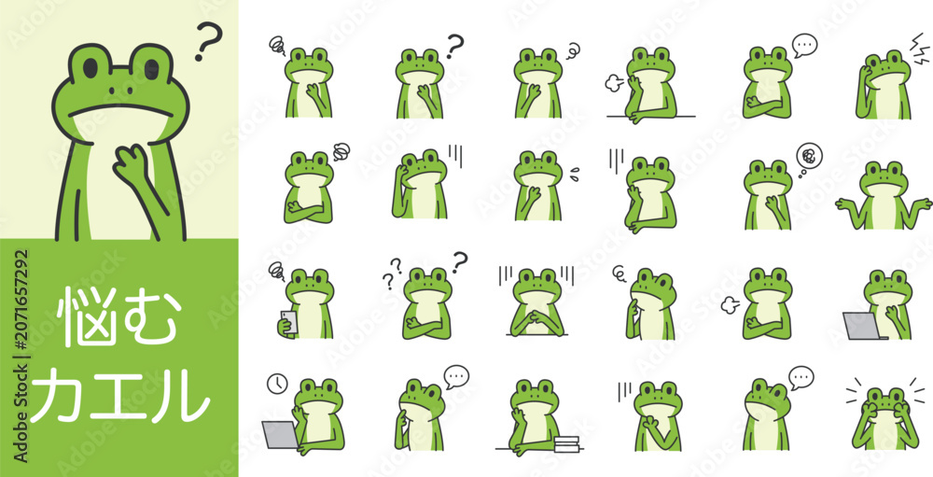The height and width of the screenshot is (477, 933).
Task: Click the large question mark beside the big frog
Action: tap(208, 40)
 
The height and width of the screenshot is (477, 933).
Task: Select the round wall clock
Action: tap(277, 384)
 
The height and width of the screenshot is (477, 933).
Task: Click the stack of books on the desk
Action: tap(566, 443)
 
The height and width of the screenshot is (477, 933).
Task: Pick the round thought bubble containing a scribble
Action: tap(809, 156)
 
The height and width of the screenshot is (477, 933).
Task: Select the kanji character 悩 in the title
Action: tap(86, 316)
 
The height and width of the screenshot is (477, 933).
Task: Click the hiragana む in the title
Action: tap(148, 316)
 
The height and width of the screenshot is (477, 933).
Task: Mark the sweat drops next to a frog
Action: tap(574, 173)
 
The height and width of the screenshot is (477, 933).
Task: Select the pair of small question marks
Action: tap(392, 274)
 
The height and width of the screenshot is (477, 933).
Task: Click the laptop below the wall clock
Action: tap(280, 435)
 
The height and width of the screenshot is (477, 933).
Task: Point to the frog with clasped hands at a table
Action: tap(536, 303)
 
